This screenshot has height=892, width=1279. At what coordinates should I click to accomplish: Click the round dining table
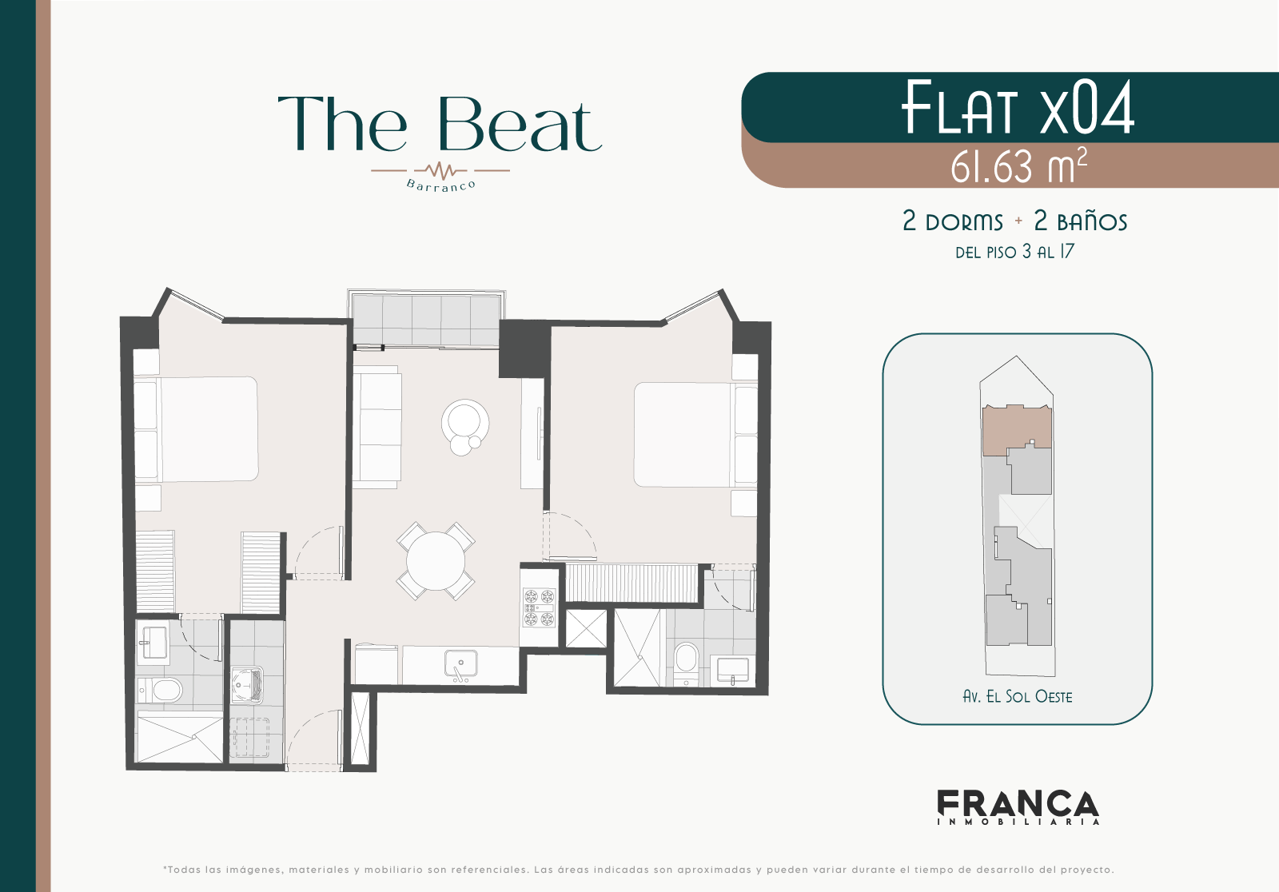(x=436, y=561)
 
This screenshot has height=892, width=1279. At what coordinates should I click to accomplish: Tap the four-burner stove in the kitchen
(x=539, y=607)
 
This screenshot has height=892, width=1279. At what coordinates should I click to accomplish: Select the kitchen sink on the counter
(x=461, y=663)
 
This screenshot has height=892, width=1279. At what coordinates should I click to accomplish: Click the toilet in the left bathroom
(x=161, y=691)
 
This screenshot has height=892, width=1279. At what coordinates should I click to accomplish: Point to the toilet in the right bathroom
(x=686, y=663)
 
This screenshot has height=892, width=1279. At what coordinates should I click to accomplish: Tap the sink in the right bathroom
(x=732, y=669)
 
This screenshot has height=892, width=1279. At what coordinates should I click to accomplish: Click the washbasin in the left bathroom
(x=152, y=643)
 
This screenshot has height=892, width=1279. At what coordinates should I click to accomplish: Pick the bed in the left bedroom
(x=196, y=429)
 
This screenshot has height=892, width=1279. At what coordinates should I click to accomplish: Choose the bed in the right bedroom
(x=695, y=435)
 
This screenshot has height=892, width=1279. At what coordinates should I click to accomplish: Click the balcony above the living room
(x=426, y=319)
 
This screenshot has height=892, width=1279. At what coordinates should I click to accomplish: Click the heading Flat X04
(x=1018, y=108)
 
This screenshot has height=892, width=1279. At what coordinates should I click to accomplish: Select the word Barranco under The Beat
(x=440, y=185)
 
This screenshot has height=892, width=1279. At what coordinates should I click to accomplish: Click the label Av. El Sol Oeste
(x=1018, y=697)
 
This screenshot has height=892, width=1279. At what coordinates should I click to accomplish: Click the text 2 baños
(x=1080, y=221)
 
